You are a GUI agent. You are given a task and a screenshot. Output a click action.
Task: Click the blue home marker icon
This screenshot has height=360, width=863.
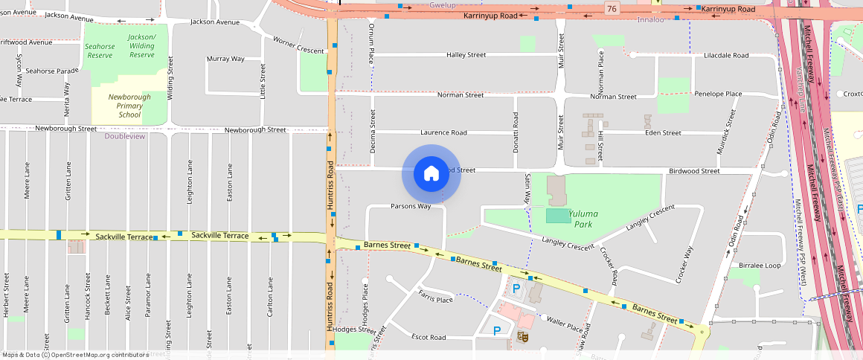pos(431,173)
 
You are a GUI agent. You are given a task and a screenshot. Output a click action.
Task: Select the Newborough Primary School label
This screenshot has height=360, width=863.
pos(129,106)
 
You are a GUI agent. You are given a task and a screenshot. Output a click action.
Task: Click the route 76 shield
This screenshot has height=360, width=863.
pos(612,8)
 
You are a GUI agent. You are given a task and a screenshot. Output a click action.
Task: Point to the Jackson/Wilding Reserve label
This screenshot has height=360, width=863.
pos(141,45)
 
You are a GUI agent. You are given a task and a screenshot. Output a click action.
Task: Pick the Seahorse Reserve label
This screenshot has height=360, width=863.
pos(100,50)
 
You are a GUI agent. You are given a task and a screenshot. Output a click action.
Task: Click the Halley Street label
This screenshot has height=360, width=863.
pos(466,55)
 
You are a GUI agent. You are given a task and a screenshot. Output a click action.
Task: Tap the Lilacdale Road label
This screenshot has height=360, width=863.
pos(726,55)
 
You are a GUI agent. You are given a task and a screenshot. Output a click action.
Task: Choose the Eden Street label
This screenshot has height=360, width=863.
pos(663,133)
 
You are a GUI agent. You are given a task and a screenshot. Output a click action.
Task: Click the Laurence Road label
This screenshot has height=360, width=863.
pos(443,132)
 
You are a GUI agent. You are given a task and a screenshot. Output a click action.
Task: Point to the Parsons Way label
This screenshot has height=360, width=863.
pos(411,206)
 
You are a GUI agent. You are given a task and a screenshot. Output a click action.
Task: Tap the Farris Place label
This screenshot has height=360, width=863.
pos(436,300)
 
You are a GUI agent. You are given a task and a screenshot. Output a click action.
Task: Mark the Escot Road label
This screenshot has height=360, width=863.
pos(429,337)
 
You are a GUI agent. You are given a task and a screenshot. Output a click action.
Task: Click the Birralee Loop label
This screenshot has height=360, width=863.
pos(760,266)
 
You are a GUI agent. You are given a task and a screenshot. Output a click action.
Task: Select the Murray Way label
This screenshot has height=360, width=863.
pos(225,59)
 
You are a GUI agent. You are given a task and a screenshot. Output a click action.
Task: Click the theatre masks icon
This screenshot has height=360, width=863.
pos(522,337)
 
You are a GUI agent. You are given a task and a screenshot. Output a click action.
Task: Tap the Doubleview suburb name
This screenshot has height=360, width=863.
pos(125,136)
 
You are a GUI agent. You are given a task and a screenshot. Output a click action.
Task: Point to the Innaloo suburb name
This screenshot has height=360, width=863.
pos(650,19)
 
